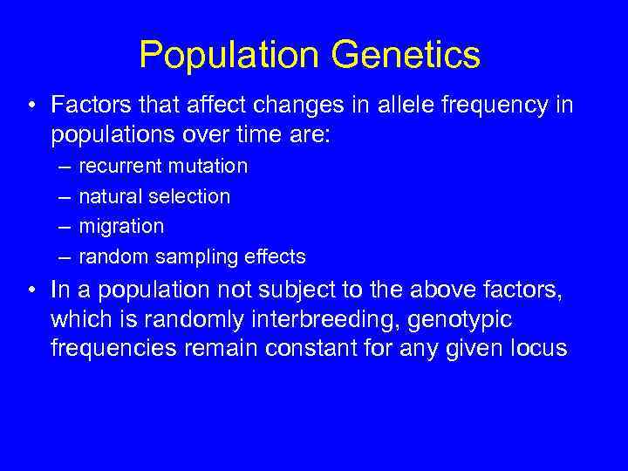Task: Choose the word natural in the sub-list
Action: pos(108,196)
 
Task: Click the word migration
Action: pos(121,226)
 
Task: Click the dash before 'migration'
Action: pos(65,226)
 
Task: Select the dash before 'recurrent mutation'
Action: pos(65,166)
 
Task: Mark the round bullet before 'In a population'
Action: pos(31,289)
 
